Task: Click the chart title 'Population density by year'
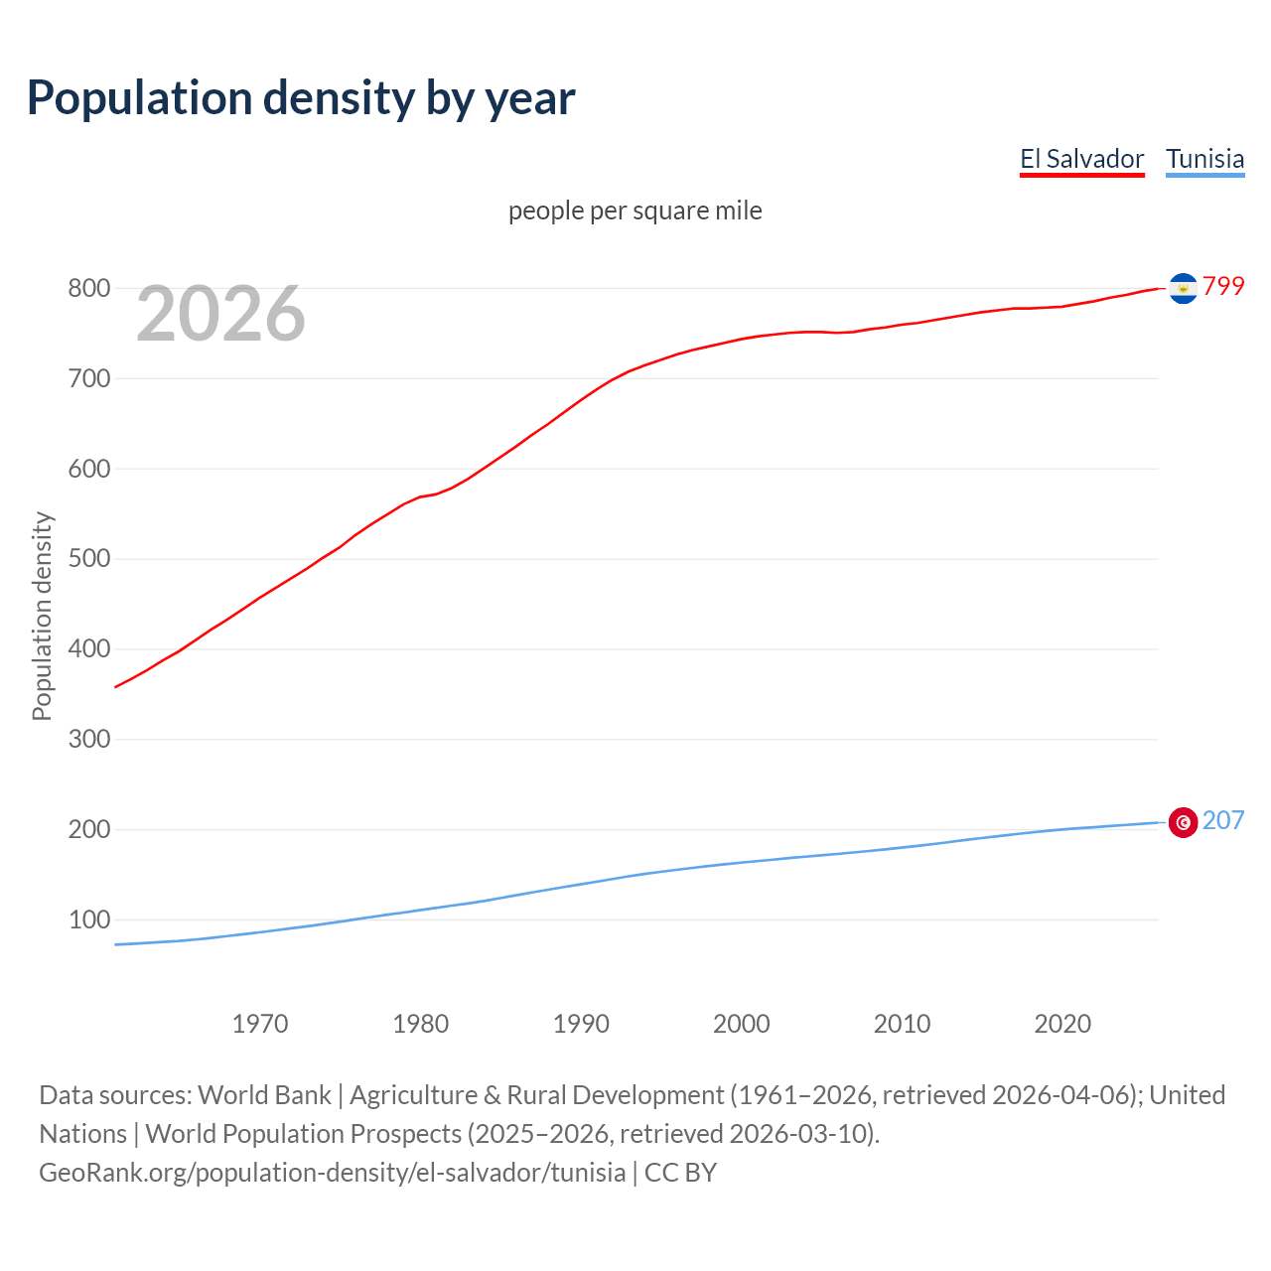coord(301,97)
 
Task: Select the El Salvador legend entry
coord(1081,159)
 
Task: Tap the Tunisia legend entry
coord(1204,159)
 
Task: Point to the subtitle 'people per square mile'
coord(635,211)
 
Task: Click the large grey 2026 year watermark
coord(220,314)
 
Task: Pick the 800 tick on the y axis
coord(88,289)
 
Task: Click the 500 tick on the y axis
coord(88,559)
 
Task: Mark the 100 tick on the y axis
coord(88,919)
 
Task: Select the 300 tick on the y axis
coord(88,740)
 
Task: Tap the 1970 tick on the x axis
coord(260,1024)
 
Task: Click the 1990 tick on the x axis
coord(581,1024)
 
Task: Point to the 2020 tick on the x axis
coord(1062,1024)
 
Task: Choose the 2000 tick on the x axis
coord(742,1024)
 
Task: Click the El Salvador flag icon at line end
coord(1183,288)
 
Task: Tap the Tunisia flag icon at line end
coord(1183,822)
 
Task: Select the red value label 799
coord(1223,286)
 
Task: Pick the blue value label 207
coord(1223,820)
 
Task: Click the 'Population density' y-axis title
coord(42,616)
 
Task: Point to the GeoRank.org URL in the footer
coord(332,1173)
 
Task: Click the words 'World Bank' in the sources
coord(264,1095)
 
